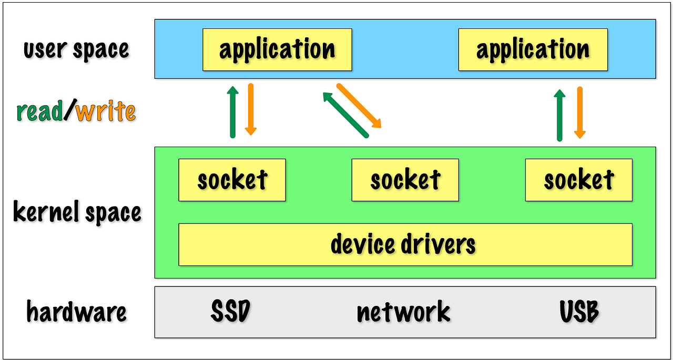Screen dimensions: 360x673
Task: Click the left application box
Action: [x=277, y=49]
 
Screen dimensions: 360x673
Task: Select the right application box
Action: [x=533, y=49]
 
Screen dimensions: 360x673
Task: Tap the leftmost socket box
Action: [x=232, y=180]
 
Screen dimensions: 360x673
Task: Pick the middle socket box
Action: [x=405, y=180]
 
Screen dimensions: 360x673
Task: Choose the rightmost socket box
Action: [x=578, y=180]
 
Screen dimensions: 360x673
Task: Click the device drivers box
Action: [x=405, y=244]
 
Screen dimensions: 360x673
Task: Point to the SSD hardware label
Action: [x=230, y=312]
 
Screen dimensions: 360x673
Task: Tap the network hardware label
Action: [x=404, y=312]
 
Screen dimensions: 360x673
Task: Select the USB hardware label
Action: [x=579, y=312]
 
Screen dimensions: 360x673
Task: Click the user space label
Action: [x=76, y=49]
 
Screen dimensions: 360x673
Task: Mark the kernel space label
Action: [x=77, y=213]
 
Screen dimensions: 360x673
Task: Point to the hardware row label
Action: [x=77, y=312]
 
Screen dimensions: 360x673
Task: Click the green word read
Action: [x=39, y=112]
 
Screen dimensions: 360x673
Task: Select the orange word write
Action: [x=105, y=112]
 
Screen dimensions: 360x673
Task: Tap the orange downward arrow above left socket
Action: [x=251, y=109]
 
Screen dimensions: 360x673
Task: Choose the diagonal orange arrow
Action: [x=359, y=106]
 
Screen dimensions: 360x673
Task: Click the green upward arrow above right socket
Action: [x=559, y=115]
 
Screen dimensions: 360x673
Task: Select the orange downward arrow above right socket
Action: [x=579, y=112]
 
